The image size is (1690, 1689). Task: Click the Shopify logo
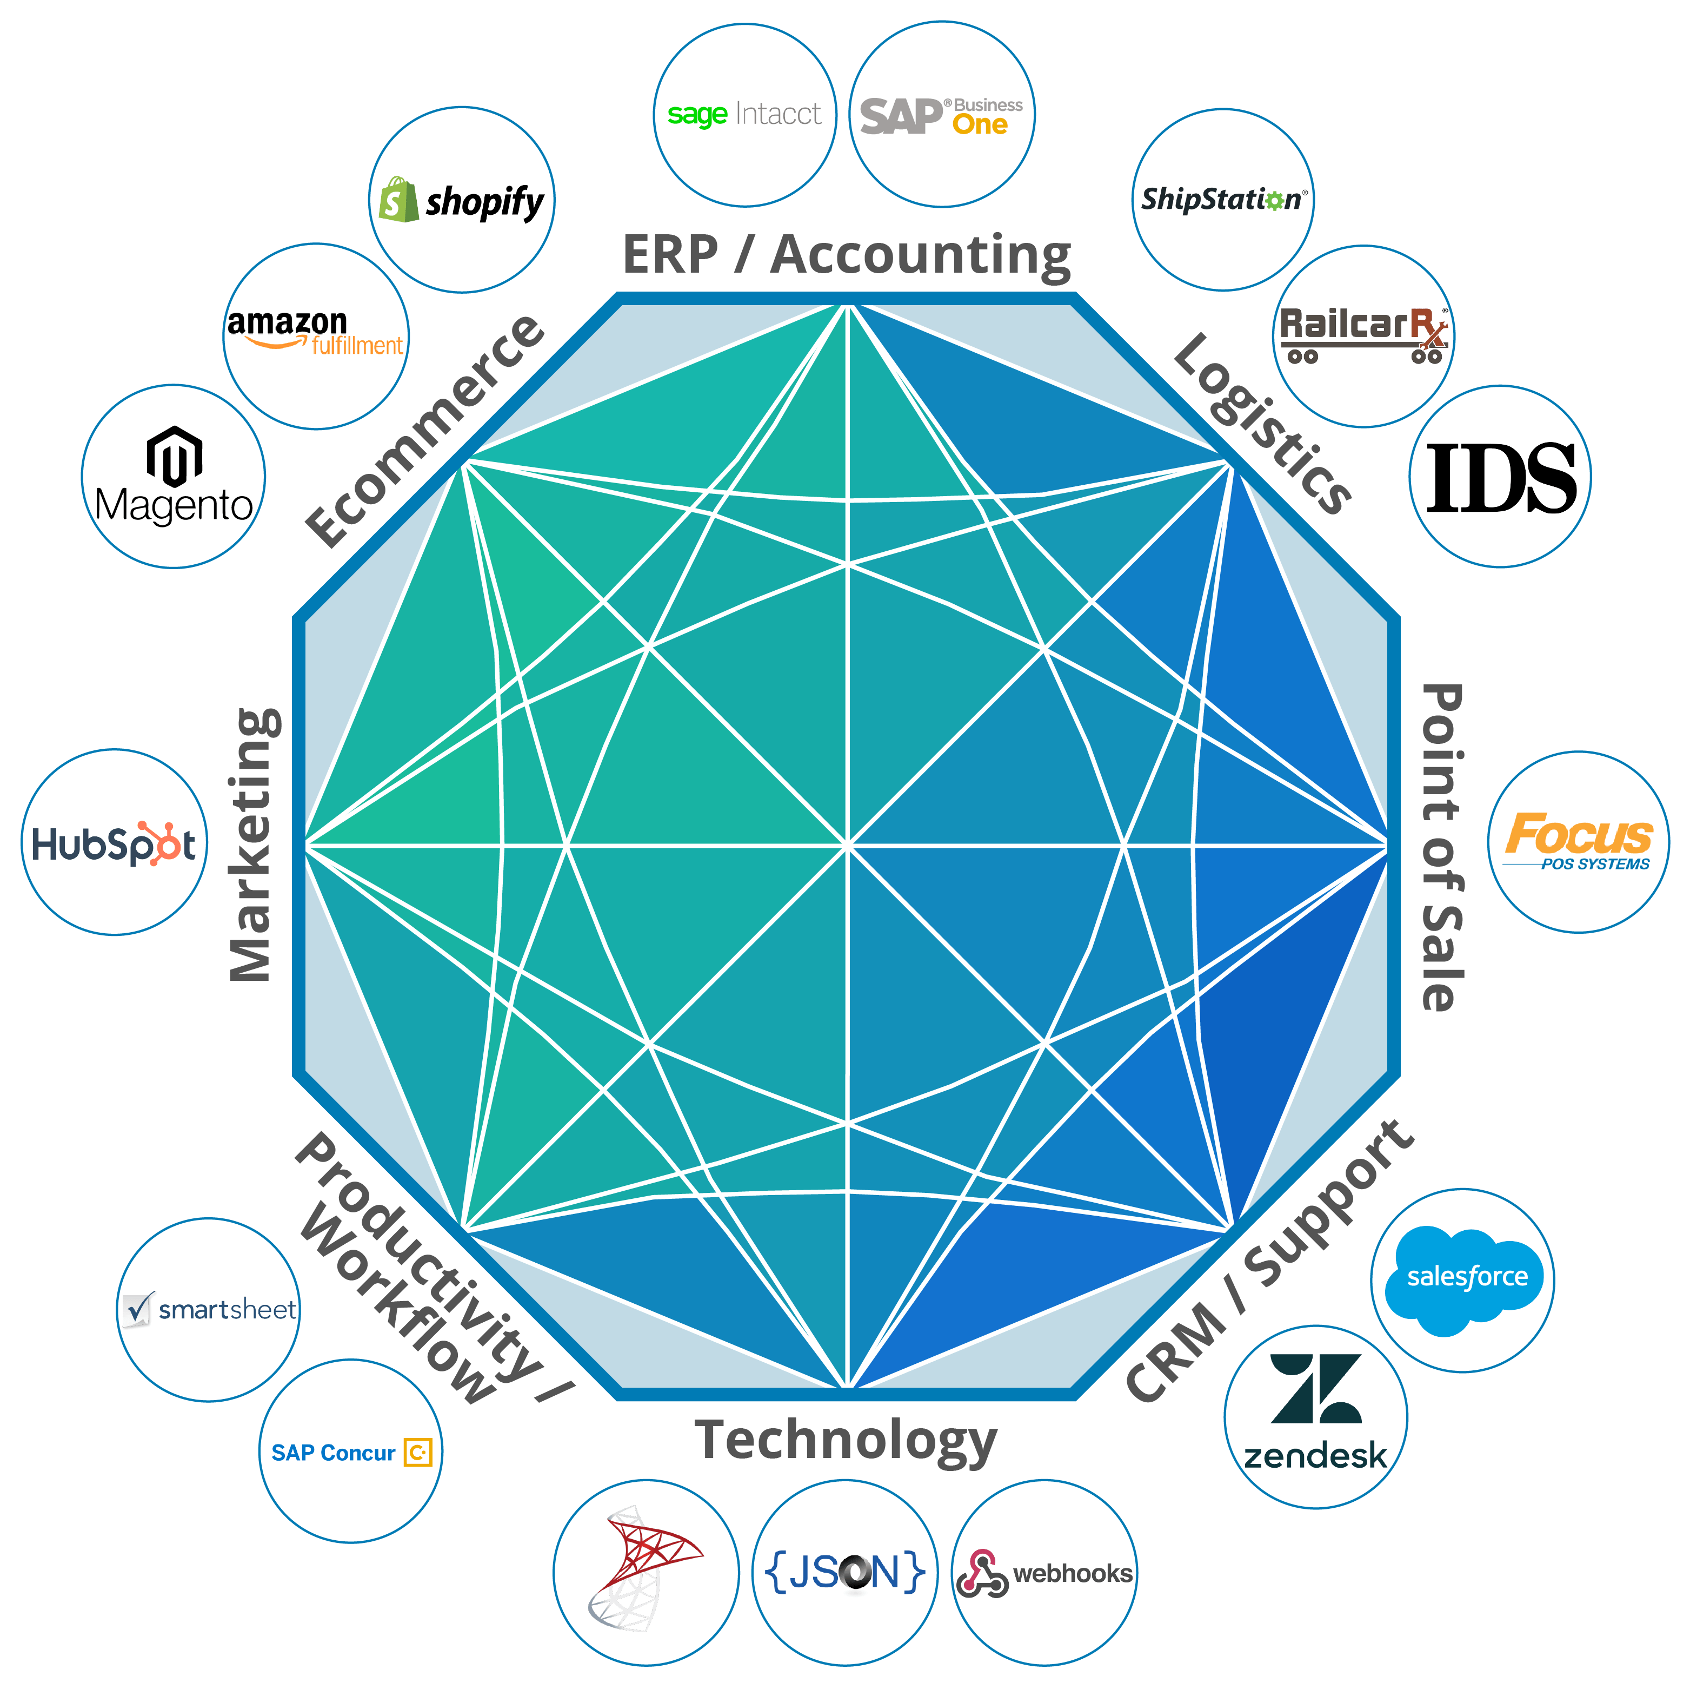click(x=461, y=200)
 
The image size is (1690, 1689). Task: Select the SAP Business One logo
click(x=941, y=116)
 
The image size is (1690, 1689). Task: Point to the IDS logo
click(x=1501, y=477)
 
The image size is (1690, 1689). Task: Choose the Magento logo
click(x=174, y=476)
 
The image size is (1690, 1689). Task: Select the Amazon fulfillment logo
click(x=315, y=333)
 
